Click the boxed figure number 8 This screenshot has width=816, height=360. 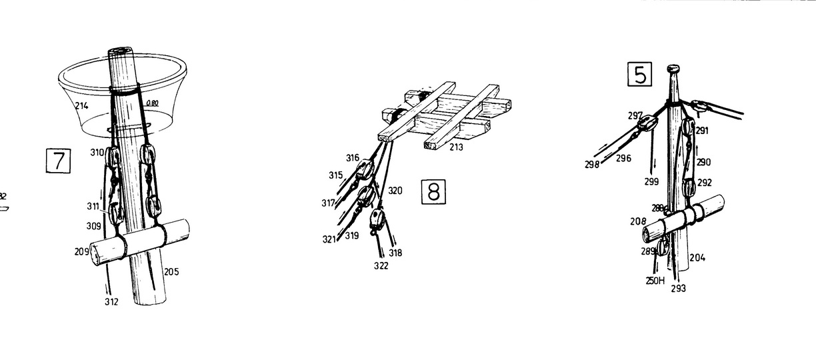pyautogui.click(x=433, y=192)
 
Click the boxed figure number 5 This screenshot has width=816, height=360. pyautogui.click(x=640, y=75)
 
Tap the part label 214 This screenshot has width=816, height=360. pyautogui.click(x=82, y=105)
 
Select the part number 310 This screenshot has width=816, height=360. pyautogui.click(x=97, y=153)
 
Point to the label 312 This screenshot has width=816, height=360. pyautogui.click(x=111, y=302)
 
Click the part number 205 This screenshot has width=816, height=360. pyautogui.click(x=171, y=271)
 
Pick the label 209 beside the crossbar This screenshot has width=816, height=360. pyautogui.click(x=81, y=251)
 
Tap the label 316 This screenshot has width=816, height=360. pyautogui.click(x=353, y=158)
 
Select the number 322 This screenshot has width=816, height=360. pyautogui.click(x=381, y=266)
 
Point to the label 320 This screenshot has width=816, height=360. pyautogui.click(x=395, y=191)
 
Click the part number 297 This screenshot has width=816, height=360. pyautogui.click(x=635, y=115)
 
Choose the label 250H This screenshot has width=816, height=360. pyautogui.click(x=655, y=281)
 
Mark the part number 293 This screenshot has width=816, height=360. pyautogui.click(x=678, y=289)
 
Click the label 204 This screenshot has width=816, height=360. pyautogui.click(x=697, y=257)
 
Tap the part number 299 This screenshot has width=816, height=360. pyautogui.click(x=652, y=181)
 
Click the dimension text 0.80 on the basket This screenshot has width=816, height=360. pyautogui.click(x=151, y=103)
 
